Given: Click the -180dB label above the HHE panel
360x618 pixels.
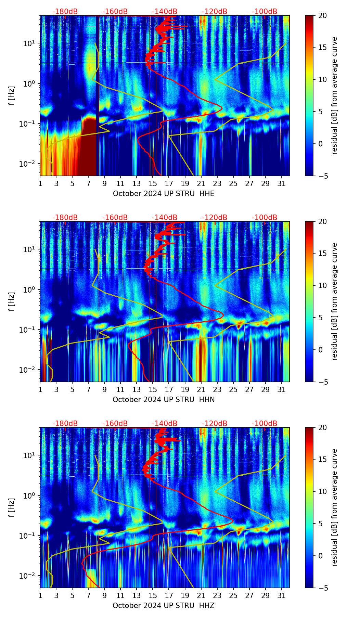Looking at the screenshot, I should tap(65, 12).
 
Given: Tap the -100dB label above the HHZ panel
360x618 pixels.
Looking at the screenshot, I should tap(265, 424).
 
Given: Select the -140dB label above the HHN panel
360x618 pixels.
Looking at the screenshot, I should tap(165, 218).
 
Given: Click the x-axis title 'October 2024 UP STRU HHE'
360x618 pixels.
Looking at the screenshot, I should tap(164, 194).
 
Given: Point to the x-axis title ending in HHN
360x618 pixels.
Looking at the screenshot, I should tap(164, 400).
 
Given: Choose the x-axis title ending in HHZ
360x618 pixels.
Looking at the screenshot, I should tap(164, 606).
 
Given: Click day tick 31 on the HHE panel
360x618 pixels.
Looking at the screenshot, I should tap(282, 184).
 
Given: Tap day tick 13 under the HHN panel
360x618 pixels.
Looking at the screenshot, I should tap(137, 390).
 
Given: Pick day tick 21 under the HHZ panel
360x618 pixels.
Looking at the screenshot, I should tap(201, 596).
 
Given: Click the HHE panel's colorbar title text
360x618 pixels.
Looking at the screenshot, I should tap(335, 95).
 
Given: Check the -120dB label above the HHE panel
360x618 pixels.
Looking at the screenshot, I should tap(215, 12).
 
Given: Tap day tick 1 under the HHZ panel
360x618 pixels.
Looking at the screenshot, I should tap(40, 596).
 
